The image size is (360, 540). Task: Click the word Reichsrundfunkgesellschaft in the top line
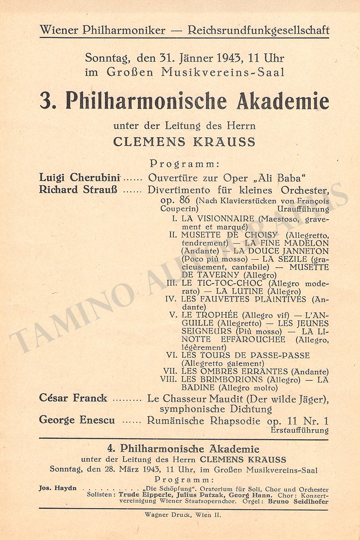point(259,30)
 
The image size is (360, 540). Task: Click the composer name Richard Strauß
point(78,190)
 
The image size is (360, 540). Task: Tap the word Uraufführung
point(303,209)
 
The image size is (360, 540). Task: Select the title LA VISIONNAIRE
point(218,219)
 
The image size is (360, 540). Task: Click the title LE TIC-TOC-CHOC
point(222,283)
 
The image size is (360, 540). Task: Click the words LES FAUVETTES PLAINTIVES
point(244,299)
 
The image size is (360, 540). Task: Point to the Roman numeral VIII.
point(168,379)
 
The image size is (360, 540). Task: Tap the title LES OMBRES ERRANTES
point(234,371)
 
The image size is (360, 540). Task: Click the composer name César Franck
point(73,398)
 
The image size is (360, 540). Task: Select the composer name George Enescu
point(77,420)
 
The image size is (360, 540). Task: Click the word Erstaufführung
point(299,430)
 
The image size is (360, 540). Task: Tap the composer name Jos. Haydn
point(58,488)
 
